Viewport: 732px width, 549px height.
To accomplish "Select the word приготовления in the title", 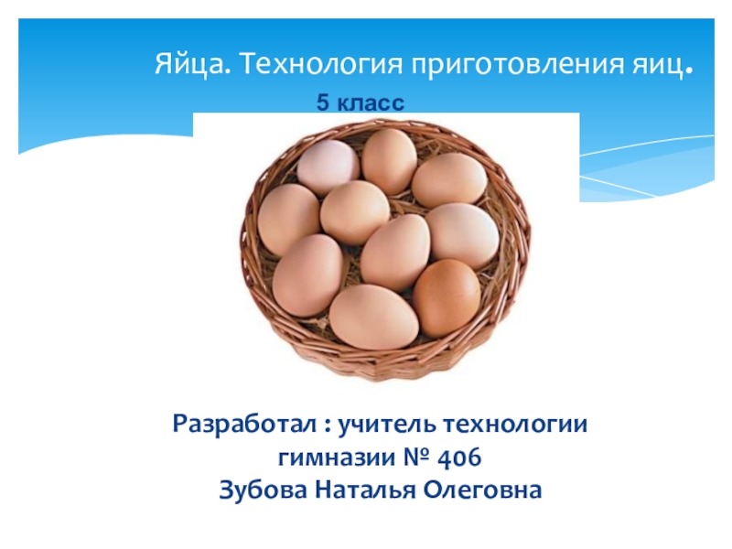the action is click(517, 65).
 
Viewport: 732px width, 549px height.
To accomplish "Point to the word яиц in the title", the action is click(656, 65).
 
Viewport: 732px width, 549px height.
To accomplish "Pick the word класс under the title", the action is click(371, 102).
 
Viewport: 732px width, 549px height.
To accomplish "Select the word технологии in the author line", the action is click(515, 425).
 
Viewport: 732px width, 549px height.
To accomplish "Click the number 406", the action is click(459, 457).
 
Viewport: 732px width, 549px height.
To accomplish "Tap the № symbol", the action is click(416, 457).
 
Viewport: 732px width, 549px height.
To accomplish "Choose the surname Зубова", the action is click(263, 490).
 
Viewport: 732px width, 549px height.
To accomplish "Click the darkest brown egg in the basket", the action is click(447, 297).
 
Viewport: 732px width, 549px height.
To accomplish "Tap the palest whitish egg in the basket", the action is click(328, 167).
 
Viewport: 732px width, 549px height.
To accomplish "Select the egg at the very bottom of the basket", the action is click(374, 318).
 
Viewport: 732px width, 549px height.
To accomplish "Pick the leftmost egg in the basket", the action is click(289, 220).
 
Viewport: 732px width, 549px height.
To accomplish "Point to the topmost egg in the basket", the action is click(390, 161).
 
